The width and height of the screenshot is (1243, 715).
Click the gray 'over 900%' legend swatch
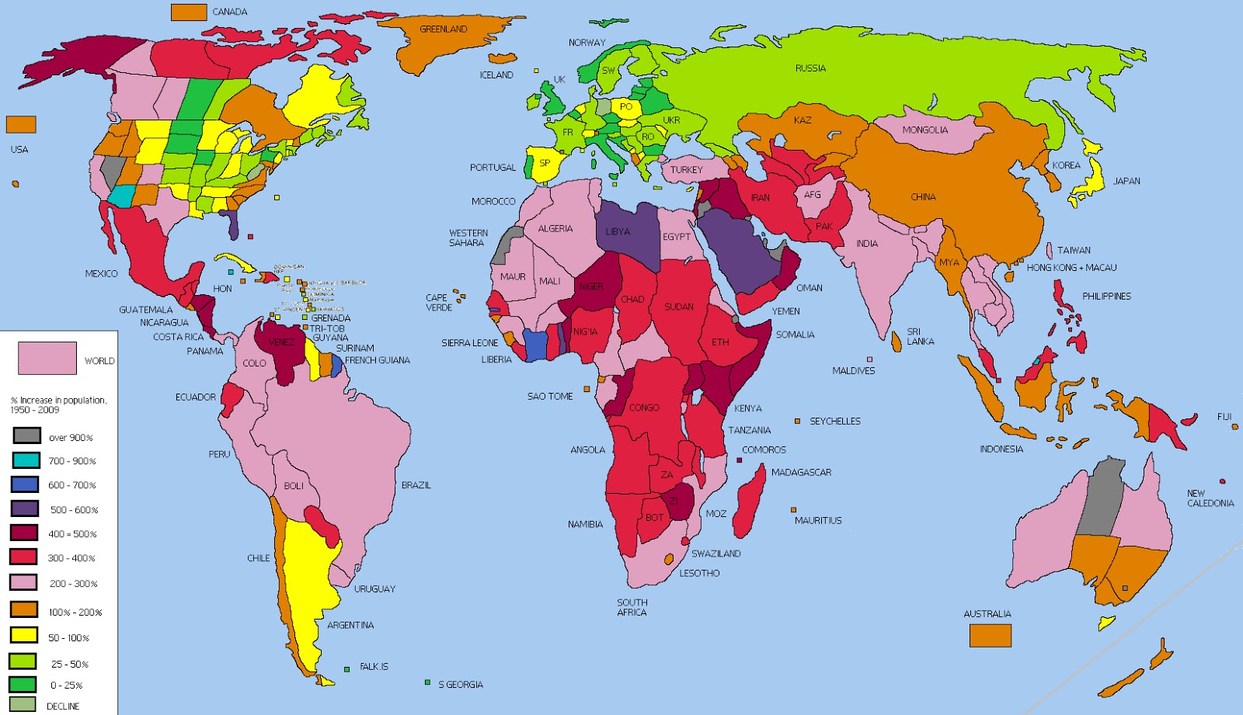[26, 436]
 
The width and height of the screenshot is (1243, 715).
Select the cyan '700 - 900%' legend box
[26, 460]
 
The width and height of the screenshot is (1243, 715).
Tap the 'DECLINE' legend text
[63, 706]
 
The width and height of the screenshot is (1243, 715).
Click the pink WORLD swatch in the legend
[47, 358]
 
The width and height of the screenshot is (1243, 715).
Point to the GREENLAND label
[443, 30]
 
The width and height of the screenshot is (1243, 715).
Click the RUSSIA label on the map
[810, 68]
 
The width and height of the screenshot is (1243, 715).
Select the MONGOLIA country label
[924, 130]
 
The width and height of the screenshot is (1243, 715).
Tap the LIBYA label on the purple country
[618, 231]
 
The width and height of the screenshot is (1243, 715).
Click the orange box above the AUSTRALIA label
[990, 635]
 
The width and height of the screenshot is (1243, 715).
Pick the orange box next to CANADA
[189, 12]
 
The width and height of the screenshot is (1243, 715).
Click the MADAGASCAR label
[801, 472]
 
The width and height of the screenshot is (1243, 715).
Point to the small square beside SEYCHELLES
[797, 421]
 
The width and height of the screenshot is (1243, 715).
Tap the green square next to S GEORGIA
[427, 682]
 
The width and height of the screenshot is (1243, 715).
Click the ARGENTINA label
[350, 625]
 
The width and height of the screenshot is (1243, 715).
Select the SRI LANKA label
[920, 336]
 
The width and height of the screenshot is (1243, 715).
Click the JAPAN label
[1126, 181]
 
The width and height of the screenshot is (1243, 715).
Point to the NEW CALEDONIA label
[1210, 498]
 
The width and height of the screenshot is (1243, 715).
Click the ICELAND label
[496, 75]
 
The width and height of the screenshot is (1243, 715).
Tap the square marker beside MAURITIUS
[793, 510]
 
